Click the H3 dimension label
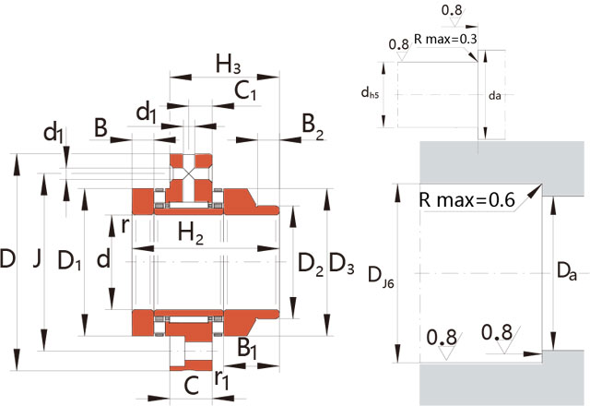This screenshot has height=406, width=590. [x=228, y=64]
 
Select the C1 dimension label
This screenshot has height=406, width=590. [x=244, y=90]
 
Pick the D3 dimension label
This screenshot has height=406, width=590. [x=341, y=262]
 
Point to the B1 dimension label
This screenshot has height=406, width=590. [x=247, y=347]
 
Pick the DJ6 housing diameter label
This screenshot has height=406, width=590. [x=378, y=274]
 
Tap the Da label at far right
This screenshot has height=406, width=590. [x=567, y=272]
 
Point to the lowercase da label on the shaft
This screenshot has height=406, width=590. [x=495, y=94]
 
